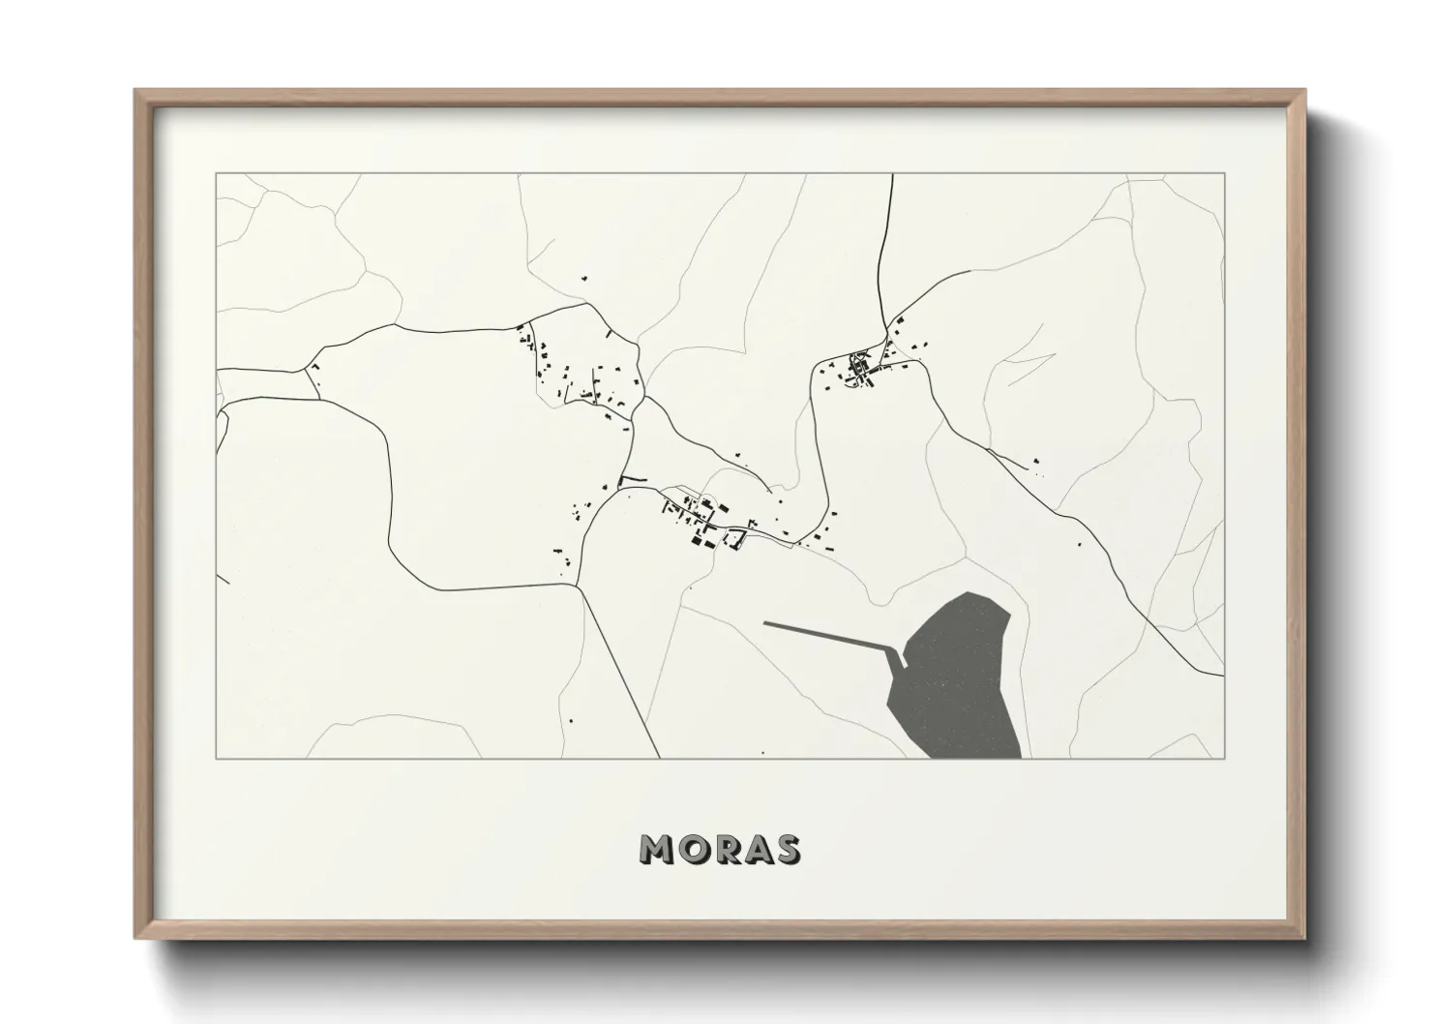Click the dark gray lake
(x=958, y=678)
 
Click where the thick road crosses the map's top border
(x=891, y=175)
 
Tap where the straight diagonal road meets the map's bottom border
(x=660, y=757)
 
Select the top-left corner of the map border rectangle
(x=216, y=174)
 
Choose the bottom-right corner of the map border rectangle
(x=1225, y=758)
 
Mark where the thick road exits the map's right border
(x=1224, y=675)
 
